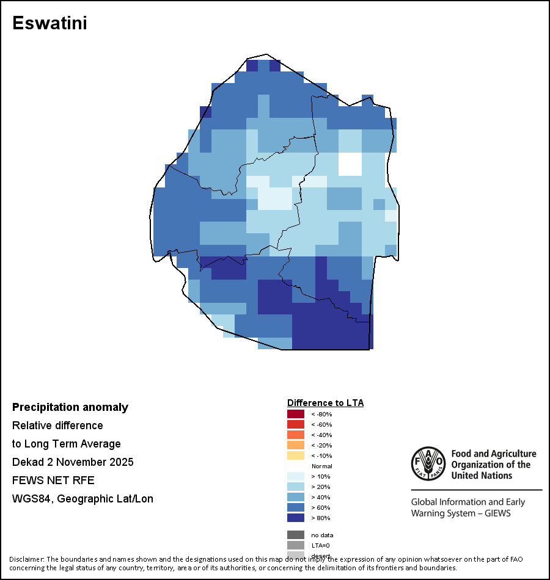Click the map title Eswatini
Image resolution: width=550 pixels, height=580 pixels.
click(50, 23)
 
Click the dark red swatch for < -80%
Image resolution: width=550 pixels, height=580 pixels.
click(296, 414)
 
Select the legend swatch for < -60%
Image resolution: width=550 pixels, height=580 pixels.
click(296, 424)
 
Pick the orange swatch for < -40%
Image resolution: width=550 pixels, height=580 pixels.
click(296, 435)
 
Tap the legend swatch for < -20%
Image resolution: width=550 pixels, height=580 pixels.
click(296, 445)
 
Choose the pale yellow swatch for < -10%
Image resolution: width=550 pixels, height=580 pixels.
click(296, 455)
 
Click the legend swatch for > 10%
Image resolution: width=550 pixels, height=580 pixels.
click(296, 476)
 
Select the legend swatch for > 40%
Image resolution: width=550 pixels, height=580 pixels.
click(296, 497)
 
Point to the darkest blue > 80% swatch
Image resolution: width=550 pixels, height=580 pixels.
click(296, 518)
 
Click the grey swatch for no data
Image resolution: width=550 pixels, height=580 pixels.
click(296, 535)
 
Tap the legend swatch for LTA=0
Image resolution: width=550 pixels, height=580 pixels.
click(296, 545)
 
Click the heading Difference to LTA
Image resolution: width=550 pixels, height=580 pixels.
click(325, 403)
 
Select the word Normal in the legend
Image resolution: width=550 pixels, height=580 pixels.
click(321, 466)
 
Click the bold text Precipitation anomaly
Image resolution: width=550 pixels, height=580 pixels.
click(70, 407)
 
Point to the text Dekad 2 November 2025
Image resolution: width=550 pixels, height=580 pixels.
click(73, 462)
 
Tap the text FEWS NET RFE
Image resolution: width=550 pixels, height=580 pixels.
click(53, 480)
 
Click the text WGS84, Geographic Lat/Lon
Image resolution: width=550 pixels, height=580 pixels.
click(82, 499)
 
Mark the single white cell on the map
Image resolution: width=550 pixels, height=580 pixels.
click(350, 164)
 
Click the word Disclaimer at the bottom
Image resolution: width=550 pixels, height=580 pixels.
click(27, 559)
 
